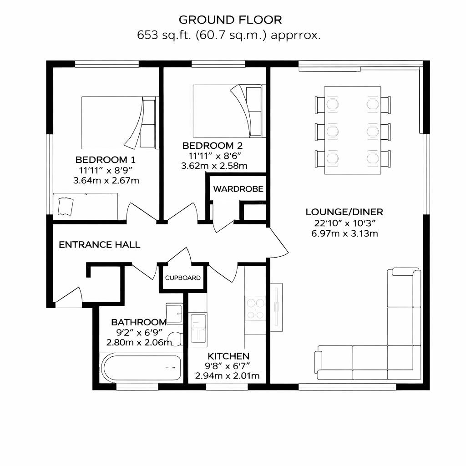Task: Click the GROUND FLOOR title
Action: coord(230,20)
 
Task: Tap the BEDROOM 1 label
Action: coord(106,160)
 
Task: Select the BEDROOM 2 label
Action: coord(213,146)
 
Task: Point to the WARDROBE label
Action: coord(238,189)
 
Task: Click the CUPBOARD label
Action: coord(182,278)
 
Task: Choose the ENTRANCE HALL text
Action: coord(100,245)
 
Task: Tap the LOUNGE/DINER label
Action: coord(344,212)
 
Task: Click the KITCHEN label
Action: coord(228,356)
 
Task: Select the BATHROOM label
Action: coord(139,322)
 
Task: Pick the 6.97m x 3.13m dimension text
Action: coord(344,234)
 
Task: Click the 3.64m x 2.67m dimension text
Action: coord(106,181)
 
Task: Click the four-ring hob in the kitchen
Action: coord(255,309)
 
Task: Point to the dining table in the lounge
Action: coord(353,130)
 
